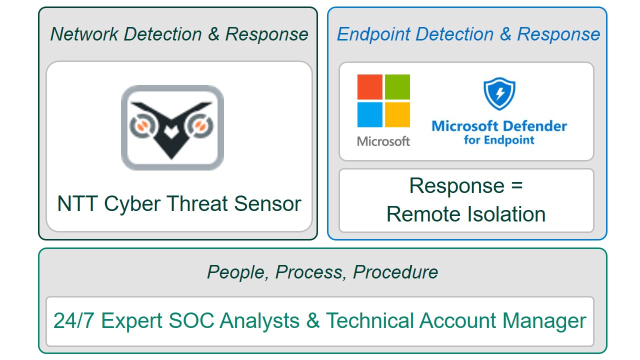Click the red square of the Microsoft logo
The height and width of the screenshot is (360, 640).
369,87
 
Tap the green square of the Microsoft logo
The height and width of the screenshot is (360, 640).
397,87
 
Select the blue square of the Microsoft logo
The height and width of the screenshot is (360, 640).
369,114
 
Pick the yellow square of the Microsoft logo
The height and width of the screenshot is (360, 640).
397,114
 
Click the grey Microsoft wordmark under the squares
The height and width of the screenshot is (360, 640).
383,141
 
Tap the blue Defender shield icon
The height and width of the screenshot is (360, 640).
499,93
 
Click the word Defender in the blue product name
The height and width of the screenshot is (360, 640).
535,126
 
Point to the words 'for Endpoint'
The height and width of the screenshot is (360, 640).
499,140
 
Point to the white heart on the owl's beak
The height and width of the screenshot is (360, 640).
171,132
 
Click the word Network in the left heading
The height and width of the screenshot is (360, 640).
84,34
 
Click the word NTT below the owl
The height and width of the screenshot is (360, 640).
77,203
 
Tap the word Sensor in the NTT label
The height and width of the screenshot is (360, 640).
267,204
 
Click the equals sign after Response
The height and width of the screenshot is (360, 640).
517,185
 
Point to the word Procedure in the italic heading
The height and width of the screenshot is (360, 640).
395,271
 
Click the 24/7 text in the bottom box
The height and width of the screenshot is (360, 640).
73,320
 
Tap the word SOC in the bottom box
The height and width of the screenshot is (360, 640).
191,320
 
